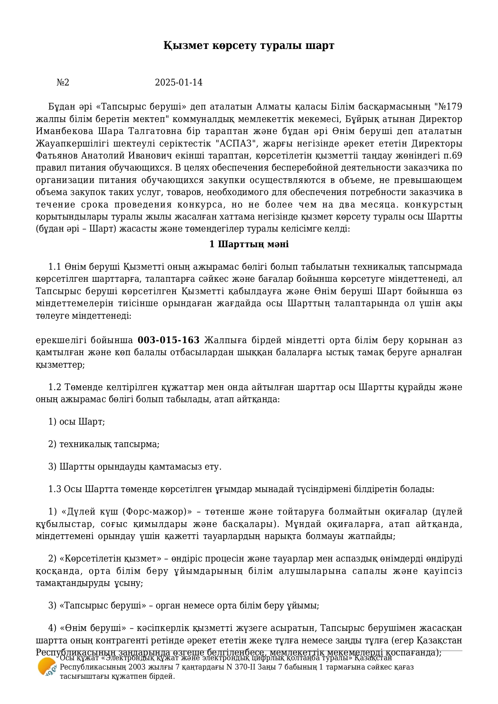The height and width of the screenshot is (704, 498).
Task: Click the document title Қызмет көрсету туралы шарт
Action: pyautogui.click(x=249, y=45)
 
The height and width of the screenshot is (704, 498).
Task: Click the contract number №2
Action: pyautogui.click(x=63, y=83)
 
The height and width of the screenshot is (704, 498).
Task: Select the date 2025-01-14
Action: pyautogui.click(x=179, y=83)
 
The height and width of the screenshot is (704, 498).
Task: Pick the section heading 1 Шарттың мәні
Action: pyautogui.click(x=249, y=244)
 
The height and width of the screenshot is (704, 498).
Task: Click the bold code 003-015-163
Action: pyautogui.click(x=169, y=340)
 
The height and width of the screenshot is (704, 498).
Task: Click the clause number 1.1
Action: pyautogui.click(x=55, y=267)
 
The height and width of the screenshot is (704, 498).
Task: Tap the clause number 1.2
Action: pyautogui.click(x=55, y=387)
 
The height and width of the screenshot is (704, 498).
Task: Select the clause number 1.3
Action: pyautogui.click(x=55, y=489)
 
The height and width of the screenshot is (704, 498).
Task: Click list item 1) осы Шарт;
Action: pyautogui.click(x=76, y=422)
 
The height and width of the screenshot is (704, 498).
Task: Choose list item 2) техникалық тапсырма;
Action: pyautogui.click(x=104, y=444)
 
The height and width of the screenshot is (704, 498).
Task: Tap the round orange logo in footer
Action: pyautogui.click(x=47, y=667)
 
